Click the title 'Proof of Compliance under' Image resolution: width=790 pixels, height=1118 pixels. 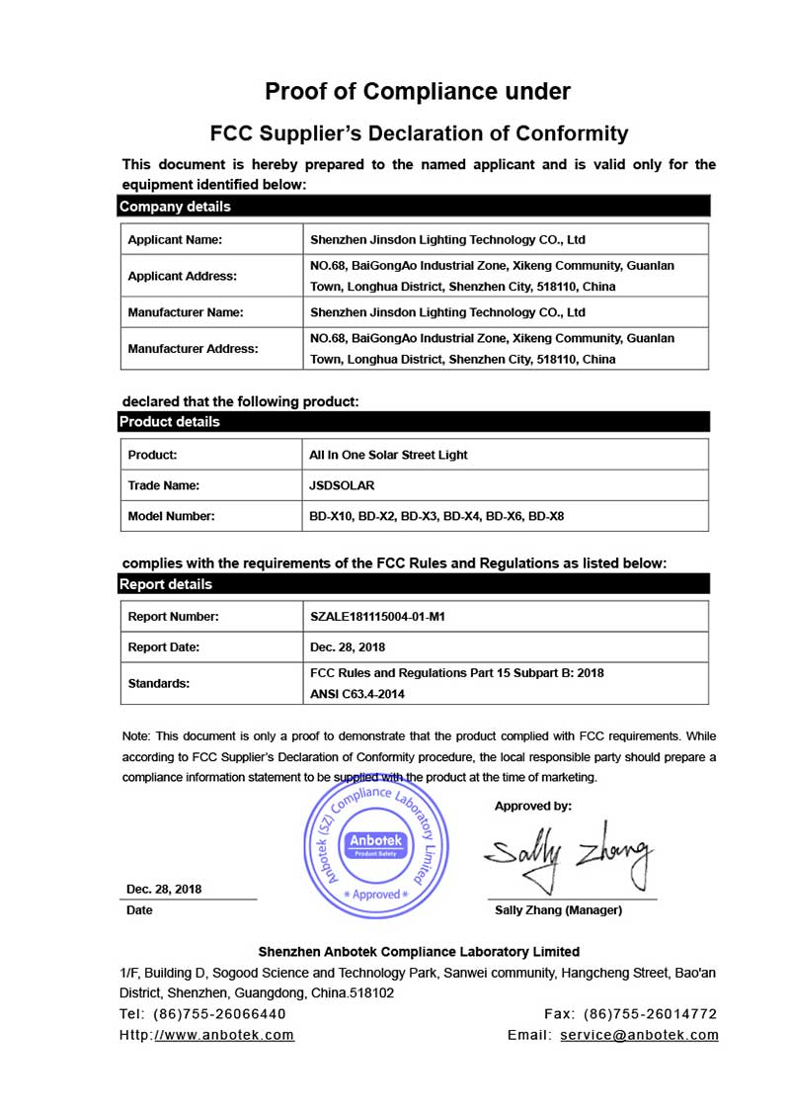(x=418, y=92)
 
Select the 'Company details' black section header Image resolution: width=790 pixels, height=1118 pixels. (x=175, y=207)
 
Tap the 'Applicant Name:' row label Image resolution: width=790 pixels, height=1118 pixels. (x=175, y=239)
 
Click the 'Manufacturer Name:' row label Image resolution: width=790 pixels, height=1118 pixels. (x=186, y=312)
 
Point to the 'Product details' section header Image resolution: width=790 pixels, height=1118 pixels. (x=169, y=422)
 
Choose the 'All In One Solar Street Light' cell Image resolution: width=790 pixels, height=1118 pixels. (x=389, y=455)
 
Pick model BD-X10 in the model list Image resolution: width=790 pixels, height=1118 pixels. (x=331, y=516)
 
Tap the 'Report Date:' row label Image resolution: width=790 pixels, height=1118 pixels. (x=164, y=647)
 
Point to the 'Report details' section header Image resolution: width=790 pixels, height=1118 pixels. (x=165, y=584)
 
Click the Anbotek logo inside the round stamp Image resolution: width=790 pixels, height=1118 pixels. (x=370, y=844)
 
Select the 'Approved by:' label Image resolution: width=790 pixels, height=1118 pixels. (x=533, y=806)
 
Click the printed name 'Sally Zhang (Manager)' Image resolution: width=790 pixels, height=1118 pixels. (x=558, y=910)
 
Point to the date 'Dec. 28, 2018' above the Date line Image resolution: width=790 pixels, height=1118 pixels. (x=164, y=889)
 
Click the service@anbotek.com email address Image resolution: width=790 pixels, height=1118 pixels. (x=639, y=1035)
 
